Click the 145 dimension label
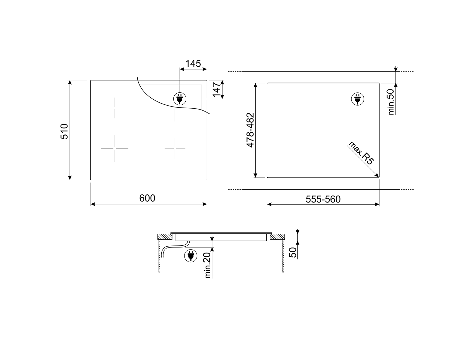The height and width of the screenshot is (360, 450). (193, 64)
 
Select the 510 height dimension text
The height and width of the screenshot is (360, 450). (65, 131)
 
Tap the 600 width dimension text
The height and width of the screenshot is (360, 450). (147, 198)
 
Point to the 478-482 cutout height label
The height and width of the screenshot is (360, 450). (250, 130)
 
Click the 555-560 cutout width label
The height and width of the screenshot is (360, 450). (323, 199)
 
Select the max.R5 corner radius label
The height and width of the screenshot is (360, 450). (361, 153)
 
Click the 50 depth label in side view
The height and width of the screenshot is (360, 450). (292, 252)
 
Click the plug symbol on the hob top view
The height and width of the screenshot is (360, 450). (180, 98)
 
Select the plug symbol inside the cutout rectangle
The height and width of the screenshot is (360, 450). (357, 99)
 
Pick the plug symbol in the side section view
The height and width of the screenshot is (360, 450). (190, 255)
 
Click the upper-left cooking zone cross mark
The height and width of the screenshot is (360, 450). (115, 108)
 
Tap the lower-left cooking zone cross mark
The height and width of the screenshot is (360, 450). (115, 148)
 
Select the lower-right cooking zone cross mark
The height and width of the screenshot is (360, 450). (175, 148)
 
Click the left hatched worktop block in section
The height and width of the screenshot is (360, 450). (165, 237)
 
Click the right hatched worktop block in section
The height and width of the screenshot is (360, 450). (277, 237)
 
